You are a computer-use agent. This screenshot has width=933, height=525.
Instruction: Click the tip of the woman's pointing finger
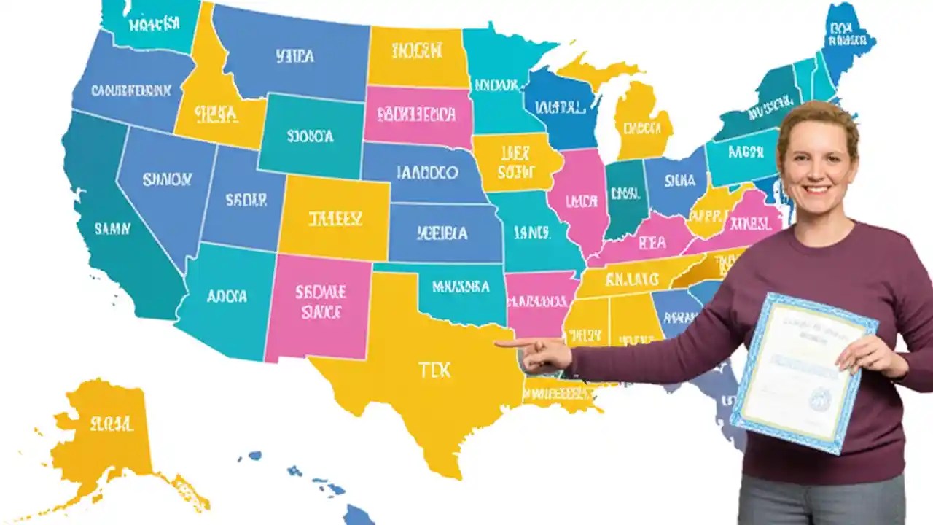click(x=498, y=343)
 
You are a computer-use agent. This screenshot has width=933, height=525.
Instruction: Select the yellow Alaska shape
click(x=109, y=430)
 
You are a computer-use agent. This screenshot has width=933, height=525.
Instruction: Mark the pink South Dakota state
click(x=417, y=114)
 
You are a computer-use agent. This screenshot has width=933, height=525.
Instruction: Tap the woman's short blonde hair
click(x=816, y=117)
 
